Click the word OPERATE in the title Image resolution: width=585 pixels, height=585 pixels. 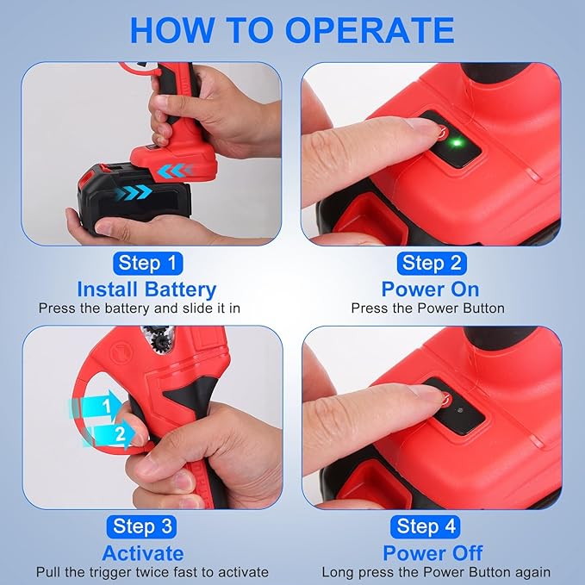(x=370, y=30)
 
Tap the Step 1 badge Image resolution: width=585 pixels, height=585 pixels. (x=147, y=264)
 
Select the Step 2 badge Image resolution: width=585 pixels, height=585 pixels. (x=432, y=264)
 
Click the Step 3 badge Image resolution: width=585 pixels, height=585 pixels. (x=142, y=526)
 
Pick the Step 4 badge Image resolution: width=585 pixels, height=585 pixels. (x=426, y=526)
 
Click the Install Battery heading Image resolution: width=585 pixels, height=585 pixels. (x=146, y=289)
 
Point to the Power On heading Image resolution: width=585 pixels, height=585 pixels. (x=430, y=289)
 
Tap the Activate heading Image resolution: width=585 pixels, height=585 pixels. (x=143, y=553)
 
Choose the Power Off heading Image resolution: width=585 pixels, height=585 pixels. (x=433, y=553)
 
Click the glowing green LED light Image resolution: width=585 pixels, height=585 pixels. (x=457, y=143)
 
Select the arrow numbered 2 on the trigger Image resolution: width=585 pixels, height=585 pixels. (x=109, y=434)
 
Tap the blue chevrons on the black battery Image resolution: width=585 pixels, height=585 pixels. (x=134, y=193)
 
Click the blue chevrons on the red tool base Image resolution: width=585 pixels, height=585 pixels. (x=176, y=171)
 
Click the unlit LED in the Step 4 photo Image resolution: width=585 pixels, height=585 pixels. (x=460, y=410)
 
